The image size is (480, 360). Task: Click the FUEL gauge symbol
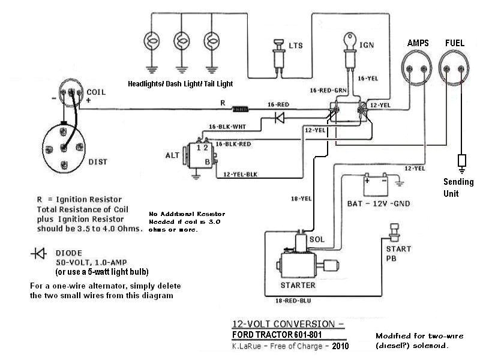coord(455,67)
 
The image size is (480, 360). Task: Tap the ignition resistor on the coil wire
coord(241,109)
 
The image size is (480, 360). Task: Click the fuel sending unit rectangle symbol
coord(461,161)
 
